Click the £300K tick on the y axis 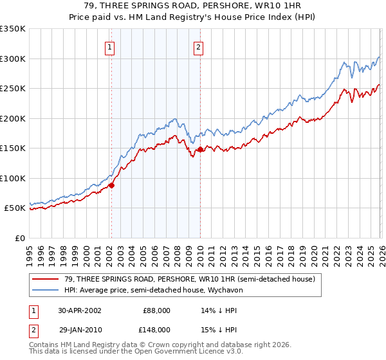point(13,59)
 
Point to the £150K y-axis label point(13,148)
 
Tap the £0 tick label point(20,239)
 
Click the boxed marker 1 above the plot point(110,47)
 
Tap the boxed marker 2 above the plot point(199,47)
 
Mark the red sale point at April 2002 point(112,185)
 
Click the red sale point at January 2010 point(200,149)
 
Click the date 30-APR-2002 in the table point(81,310)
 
